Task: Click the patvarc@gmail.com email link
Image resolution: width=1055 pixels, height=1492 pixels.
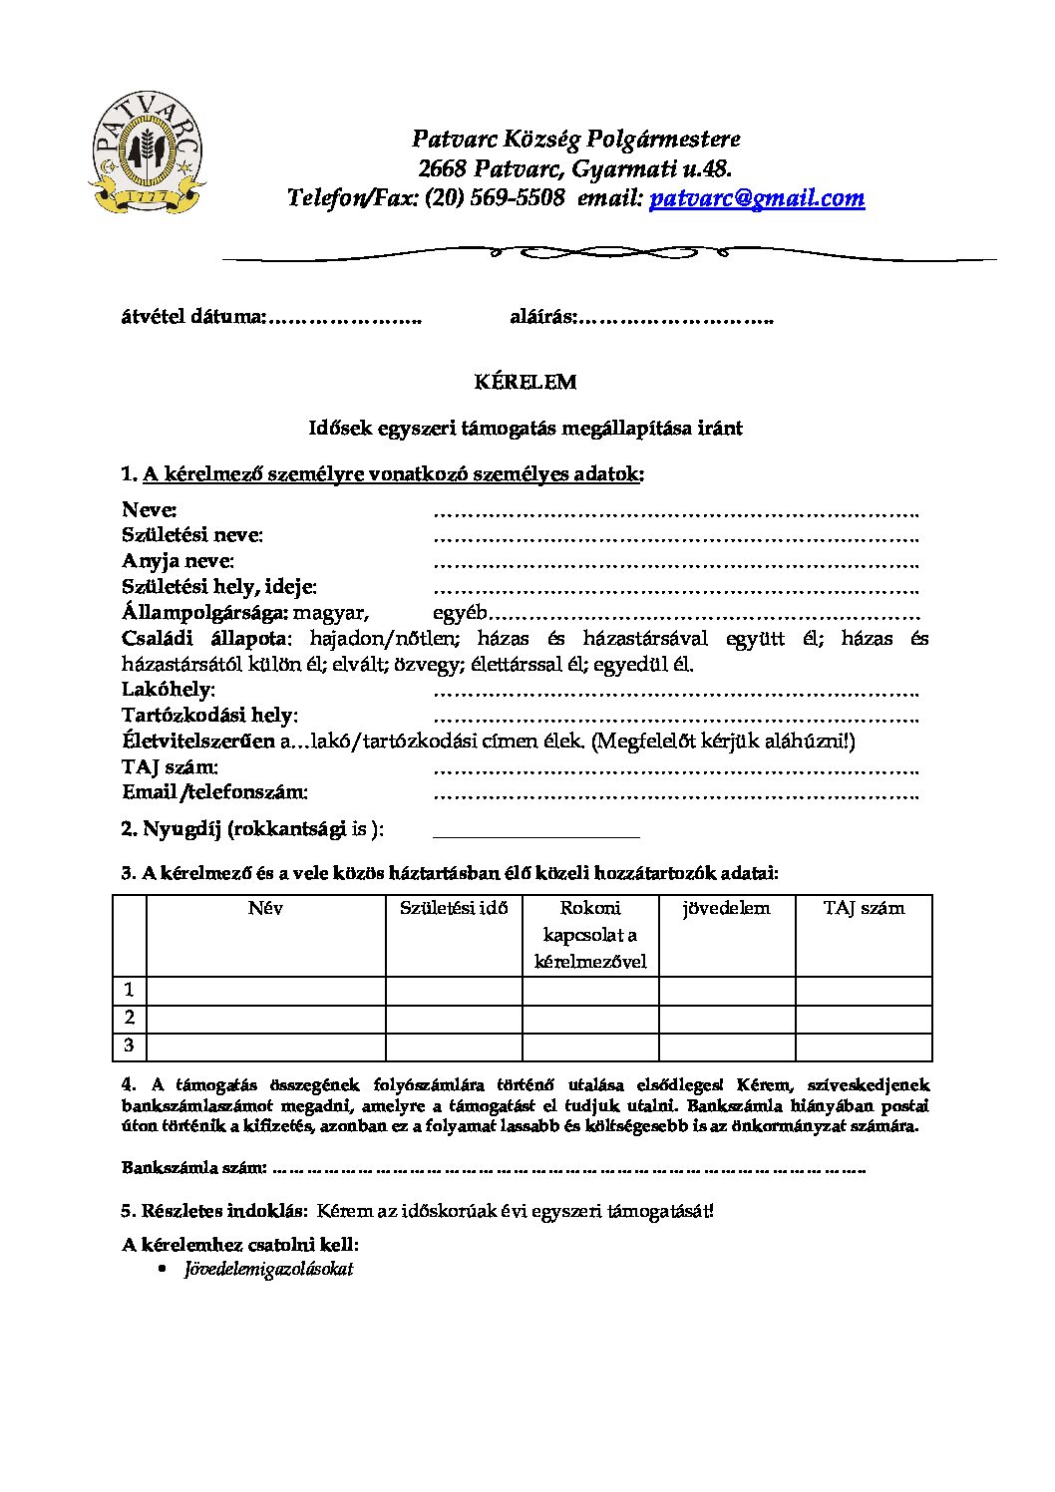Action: point(757,197)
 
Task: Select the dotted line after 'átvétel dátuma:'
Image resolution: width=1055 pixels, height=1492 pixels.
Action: point(346,319)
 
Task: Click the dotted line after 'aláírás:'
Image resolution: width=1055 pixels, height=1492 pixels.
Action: point(676,319)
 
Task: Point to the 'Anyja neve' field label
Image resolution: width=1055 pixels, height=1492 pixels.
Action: point(177,561)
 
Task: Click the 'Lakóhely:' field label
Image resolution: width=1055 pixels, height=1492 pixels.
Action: point(169,690)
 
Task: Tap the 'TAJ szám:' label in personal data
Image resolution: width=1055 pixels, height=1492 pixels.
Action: point(171,767)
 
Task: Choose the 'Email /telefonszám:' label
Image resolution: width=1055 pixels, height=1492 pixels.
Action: point(214,792)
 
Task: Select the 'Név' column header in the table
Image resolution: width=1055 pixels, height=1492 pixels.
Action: point(265,908)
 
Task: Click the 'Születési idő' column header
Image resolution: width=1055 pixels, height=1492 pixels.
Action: point(454,908)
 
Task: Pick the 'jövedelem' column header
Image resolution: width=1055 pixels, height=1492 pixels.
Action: point(726,908)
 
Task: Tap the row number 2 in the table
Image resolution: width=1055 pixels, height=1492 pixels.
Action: point(130,1018)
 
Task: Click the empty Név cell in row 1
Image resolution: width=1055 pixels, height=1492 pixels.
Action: point(265,990)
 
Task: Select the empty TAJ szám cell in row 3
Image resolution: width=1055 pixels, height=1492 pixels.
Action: point(864,1045)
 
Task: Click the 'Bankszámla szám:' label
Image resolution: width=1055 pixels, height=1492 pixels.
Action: point(194,1167)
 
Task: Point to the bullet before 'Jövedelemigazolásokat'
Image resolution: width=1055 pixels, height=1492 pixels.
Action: point(164,1269)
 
